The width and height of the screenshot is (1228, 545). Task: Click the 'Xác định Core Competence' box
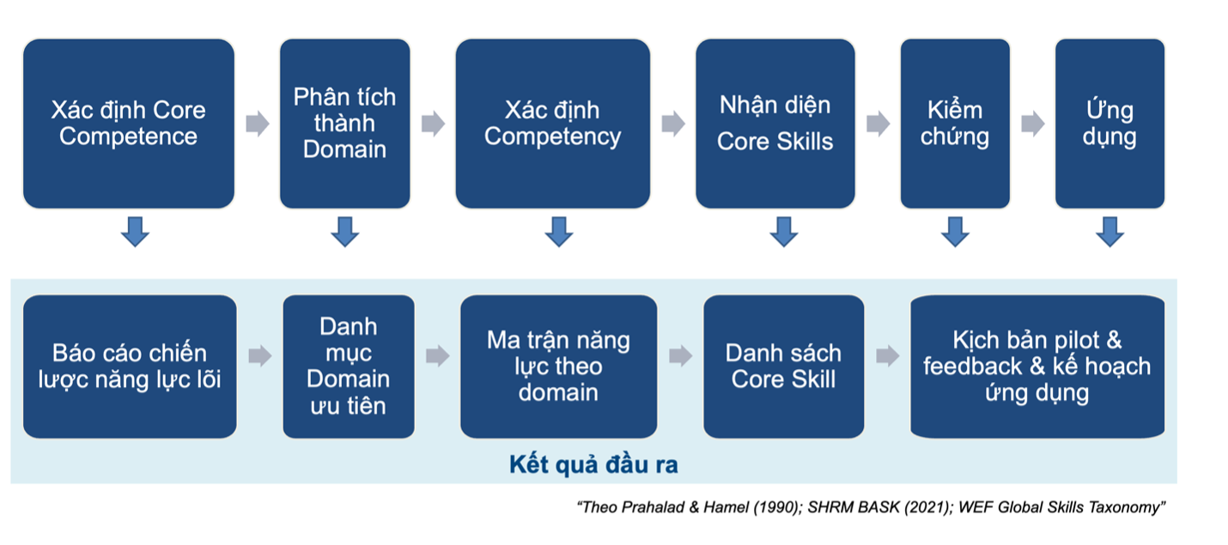click(129, 124)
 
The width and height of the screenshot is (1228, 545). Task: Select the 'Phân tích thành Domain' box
click(345, 124)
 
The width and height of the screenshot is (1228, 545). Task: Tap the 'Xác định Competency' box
click(553, 124)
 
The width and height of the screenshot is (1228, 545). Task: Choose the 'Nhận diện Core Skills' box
click(775, 124)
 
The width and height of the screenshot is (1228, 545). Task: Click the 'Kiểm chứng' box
click(955, 124)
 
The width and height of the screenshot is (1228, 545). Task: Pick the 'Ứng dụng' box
click(1109, 124)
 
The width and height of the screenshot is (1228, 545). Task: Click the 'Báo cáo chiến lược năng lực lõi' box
click(130, 366)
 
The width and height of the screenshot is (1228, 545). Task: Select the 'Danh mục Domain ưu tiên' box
click(349, 366)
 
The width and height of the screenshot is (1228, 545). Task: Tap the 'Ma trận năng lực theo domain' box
click(559, 366)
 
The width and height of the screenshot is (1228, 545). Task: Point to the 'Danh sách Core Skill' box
click(784, 366)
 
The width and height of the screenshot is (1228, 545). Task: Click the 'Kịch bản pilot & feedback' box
click(1037, 366)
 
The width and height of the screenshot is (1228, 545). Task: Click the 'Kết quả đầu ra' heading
click(593, 464)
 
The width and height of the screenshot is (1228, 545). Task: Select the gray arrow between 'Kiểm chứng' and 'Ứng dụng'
click(1033, 124)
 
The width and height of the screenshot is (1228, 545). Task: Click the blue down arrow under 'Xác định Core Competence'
click(135, 232)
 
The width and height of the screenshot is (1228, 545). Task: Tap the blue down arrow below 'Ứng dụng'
click(1109, 232)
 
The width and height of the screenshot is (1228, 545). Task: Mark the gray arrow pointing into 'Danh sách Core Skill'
click(680, 356)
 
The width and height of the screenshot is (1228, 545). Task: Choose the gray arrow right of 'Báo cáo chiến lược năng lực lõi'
click(260, 356)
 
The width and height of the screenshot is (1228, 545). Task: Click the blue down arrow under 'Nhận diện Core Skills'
click(784, 232)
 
